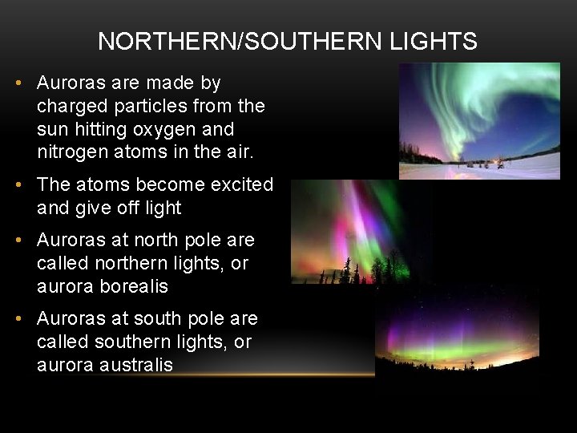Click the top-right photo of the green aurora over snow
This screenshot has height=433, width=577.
tap(479, 120)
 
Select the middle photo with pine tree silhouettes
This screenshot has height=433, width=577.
tap(353, 233)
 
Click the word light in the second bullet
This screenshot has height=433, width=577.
tap(163, 208)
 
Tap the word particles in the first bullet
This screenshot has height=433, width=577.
tap(152, 106)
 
